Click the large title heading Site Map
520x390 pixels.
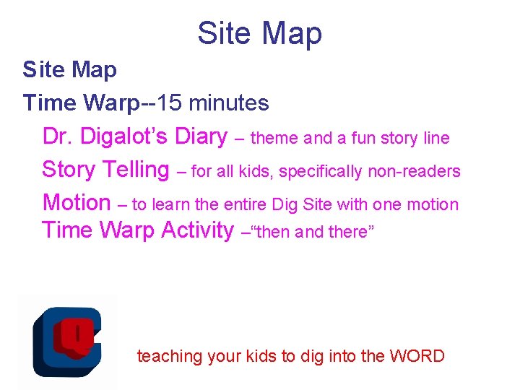pos(260,33)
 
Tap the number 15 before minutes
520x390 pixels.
pos(169,103)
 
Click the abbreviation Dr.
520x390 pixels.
pos(58,136)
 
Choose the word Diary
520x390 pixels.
pos(202,136)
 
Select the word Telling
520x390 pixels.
pos(136,170)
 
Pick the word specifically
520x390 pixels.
pos(322,171)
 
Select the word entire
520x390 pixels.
pos(247,204)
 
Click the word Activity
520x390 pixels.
pos(197,230)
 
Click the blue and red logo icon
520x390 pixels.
pos(66,340)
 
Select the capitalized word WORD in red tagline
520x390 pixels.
pos(417,356)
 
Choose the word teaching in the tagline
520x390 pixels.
pos(170,356)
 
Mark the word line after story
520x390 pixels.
pos(435,138)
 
